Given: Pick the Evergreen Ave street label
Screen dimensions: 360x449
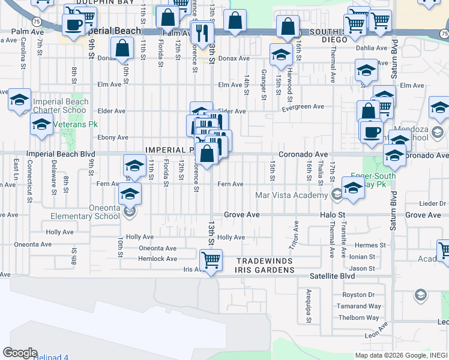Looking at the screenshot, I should (304, 106).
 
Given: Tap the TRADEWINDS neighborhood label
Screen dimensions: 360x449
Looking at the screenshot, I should (264, 262).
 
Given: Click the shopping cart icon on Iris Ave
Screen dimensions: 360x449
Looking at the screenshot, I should (211, 261).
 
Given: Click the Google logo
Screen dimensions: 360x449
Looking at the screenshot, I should (20, 353).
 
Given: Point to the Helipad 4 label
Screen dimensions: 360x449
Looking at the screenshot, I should (50, 357).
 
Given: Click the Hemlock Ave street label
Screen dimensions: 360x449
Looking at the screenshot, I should (158, 259).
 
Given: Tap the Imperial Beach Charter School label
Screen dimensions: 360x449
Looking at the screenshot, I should (60, 106).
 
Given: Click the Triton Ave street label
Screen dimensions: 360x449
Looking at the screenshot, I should (295, 235).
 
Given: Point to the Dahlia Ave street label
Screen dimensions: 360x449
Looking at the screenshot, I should (372, 48).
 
